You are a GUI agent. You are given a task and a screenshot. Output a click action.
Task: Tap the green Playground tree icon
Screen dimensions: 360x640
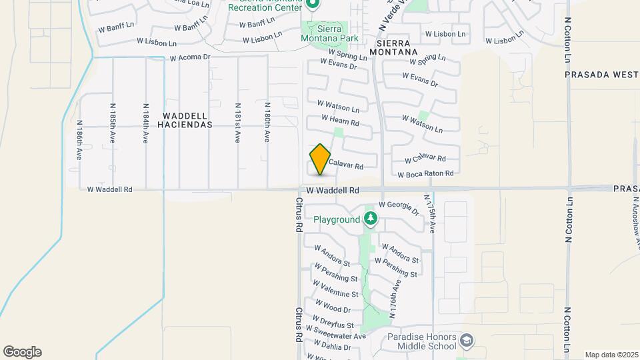tap(371, 219)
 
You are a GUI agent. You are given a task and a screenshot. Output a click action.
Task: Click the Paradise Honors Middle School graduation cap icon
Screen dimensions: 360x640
tap(467, 341)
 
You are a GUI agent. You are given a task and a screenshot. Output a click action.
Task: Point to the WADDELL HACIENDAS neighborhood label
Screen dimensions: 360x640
tap(187, 120)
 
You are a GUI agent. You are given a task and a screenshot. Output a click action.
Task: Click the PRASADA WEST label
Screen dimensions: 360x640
tap(601, 75)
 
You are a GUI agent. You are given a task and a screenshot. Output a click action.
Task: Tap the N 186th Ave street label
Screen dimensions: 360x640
tap(79, 140)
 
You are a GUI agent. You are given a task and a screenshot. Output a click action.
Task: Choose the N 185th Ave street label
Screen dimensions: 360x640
tap(113, 124)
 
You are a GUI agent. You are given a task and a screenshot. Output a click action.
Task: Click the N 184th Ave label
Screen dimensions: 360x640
tap(145, 124)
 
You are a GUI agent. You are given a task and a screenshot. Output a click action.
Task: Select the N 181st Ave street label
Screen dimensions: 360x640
tap(237, 124)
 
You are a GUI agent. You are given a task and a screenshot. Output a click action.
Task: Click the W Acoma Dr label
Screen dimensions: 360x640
tap(190, 57)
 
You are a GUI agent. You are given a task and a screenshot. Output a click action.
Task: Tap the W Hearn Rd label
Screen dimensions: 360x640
tap(340, 121)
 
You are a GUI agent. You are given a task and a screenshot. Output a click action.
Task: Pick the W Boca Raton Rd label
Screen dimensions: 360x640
tap(425, 174)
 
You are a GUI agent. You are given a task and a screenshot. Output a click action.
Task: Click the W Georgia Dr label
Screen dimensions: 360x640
tap(399, 208)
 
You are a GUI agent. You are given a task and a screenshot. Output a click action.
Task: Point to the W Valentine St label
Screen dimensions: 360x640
tap(336, 291)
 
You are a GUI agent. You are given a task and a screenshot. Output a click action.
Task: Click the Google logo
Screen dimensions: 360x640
tap(22, 352)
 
